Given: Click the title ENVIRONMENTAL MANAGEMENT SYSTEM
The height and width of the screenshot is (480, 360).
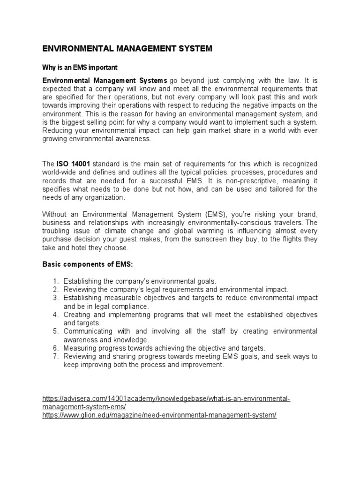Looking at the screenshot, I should pyautogui.click(x=127, y=48).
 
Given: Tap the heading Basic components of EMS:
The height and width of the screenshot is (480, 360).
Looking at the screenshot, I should pyautogui.click(x=88, y=265).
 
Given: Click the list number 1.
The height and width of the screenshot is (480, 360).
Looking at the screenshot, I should pyautogui.click(x=55, y=281).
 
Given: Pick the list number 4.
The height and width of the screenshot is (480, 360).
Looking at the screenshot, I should pyautogui.click(x=55, y=315).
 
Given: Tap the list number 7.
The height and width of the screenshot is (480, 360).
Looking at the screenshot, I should pyautogui.click(x=55, y=356).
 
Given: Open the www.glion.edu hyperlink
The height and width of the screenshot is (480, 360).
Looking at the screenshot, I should pyautogui.click(x=159, y=416).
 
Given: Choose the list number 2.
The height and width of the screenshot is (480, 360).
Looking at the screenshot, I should pyautogui.click(x=55, y=290).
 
